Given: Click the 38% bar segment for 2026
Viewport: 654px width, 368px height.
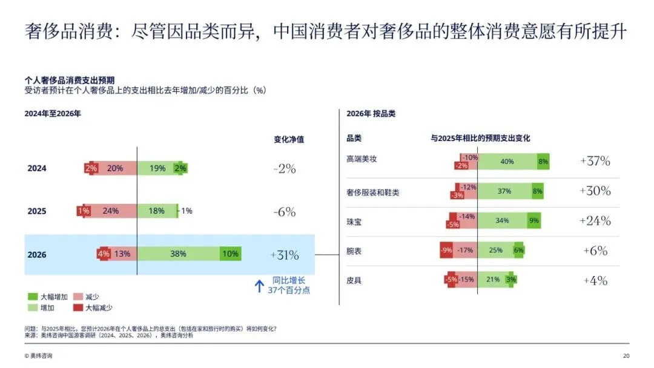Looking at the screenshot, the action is coord(179,254).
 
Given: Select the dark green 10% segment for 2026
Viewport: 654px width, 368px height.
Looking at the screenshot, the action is coord(231,254).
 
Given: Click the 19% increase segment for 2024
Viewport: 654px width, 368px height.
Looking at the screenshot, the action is coord(158,168).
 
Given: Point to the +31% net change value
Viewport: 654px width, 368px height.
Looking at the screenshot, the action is coord(285,255).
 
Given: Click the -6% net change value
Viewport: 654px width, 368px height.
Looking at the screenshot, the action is coord(285,212).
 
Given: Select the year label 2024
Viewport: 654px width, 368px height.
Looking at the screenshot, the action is coord(37,168).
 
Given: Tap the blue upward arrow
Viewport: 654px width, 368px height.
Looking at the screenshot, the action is coord(259,286).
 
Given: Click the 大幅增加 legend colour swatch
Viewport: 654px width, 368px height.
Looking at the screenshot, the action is coord(33,297).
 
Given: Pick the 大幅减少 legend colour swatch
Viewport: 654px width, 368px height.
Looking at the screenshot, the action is coord(78,307).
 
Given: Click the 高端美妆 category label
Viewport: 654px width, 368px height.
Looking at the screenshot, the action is coord(362,159).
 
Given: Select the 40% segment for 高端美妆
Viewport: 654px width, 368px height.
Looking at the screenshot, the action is coord(507,162).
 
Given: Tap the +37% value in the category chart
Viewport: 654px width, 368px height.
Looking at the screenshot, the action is coord(595,161).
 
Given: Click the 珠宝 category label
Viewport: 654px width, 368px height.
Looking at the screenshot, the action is coord(354,222).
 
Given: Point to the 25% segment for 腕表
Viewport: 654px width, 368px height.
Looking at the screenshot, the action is coord(496,250).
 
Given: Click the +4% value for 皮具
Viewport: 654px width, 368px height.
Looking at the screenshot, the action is coord(595,280).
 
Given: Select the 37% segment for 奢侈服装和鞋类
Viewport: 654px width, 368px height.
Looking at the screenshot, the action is coord(504,191).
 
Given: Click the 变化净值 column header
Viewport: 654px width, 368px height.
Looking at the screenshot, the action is coord(289,139).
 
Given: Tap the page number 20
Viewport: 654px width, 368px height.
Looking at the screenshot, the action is coord(626,355).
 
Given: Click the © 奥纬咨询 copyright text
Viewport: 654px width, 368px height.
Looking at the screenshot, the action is coord(38,355).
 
